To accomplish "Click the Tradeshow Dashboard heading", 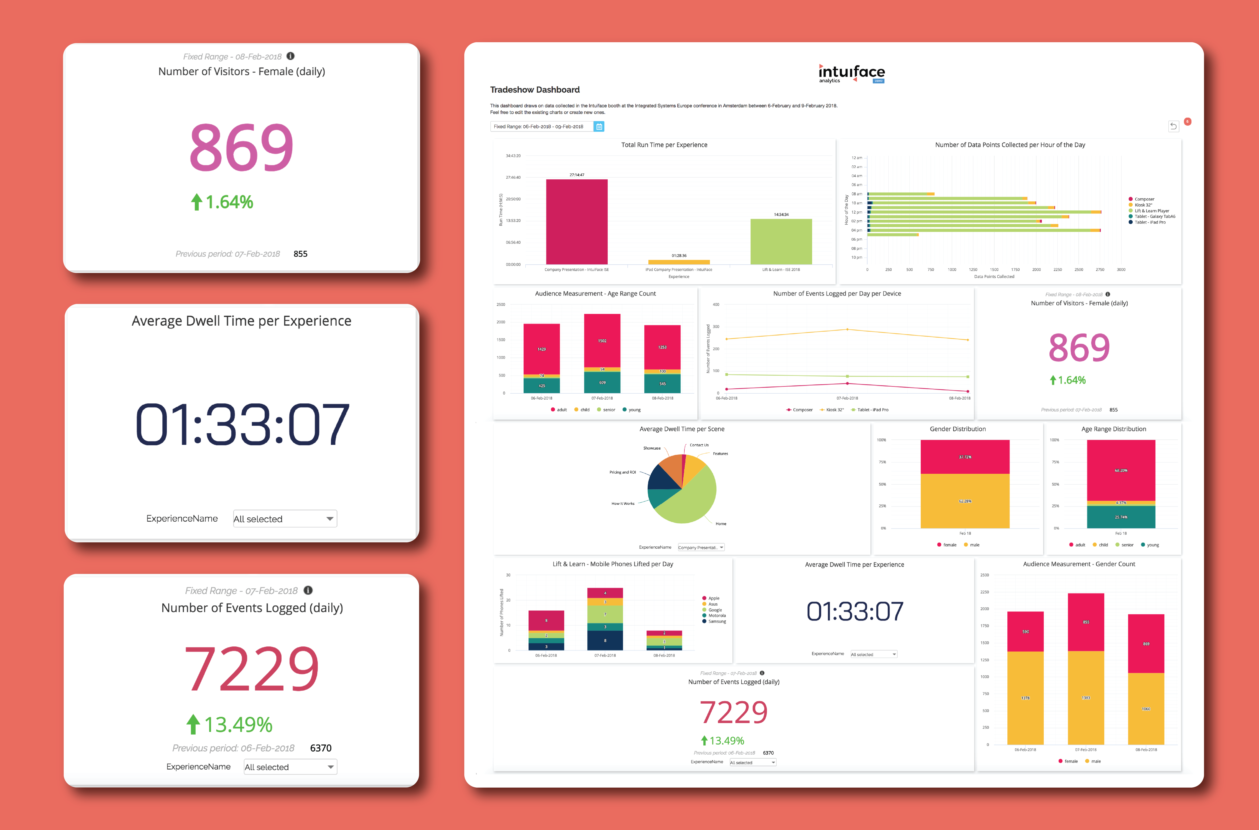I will click(534, 89).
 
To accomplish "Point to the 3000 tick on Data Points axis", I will click(1121, 269).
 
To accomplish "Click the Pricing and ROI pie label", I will click(622, 472).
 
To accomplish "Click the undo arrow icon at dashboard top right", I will click(1173, 126).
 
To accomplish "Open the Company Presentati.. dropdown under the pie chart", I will click(701, 547).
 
